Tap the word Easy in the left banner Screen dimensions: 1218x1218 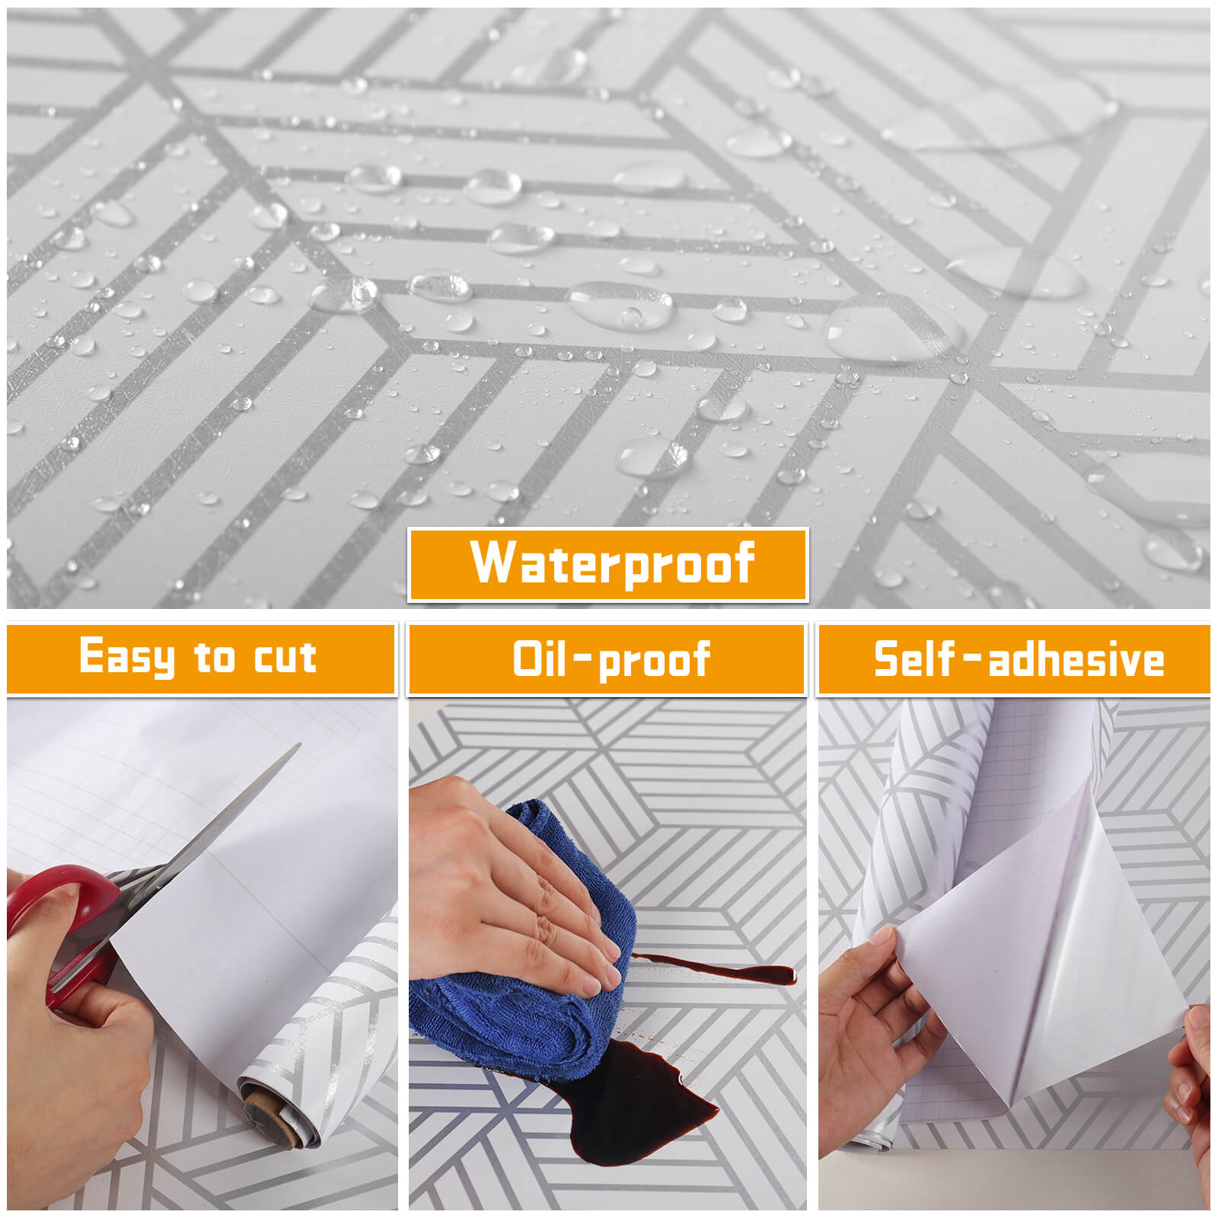click(x=127, y=656)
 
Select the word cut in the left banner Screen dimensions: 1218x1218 click(x=285, y=657)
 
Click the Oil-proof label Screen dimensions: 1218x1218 click(x=612, y=659)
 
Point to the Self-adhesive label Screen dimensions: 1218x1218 click(x=1019, y=659)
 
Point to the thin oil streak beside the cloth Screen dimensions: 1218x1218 click(x=716, y=968)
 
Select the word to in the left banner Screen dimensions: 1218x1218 click(x=214, y=658)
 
